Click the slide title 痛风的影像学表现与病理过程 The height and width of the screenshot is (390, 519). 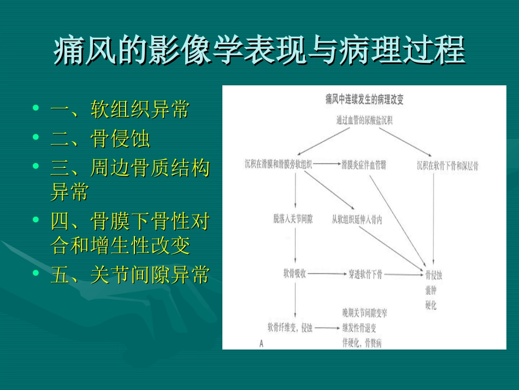(x=259, y=50)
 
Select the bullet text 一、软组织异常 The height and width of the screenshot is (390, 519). (x=120, y=109)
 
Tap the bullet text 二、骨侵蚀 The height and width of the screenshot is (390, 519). (x=100, y=139)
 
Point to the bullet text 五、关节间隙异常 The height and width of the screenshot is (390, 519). (x=129, y=275)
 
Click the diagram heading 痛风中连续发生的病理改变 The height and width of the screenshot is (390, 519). (x=364, y=100)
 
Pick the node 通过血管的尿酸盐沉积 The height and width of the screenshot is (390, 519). (x=364, y=121)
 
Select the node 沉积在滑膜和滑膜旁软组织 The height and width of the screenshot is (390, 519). (x=279, y=164)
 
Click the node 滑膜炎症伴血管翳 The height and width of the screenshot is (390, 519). (x=363, y=164)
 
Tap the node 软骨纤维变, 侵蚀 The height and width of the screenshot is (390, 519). (x=290, y=328)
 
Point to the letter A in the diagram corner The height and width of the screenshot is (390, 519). (x=261, y=343)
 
